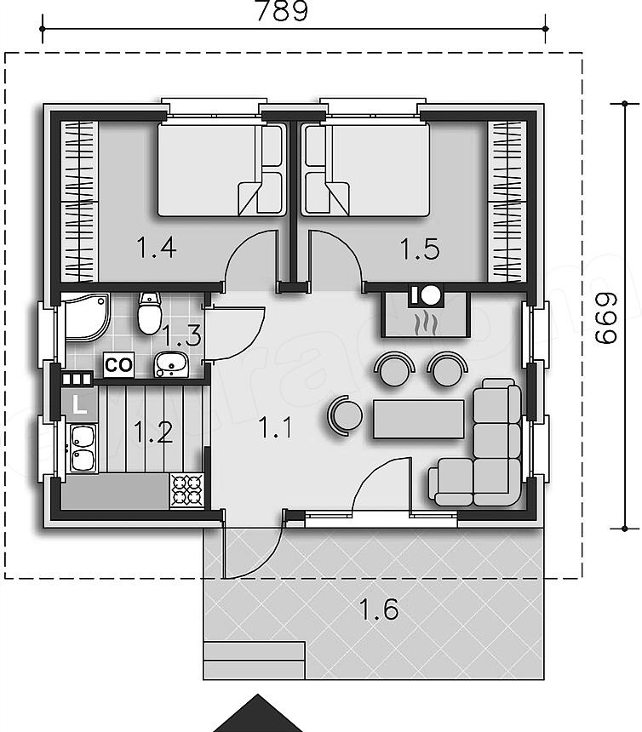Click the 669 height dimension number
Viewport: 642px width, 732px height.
coord(606,319)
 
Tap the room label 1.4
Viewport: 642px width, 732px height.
coord(157,248)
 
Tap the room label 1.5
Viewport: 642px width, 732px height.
coord(420,249)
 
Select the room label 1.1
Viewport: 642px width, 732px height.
coord(276,427)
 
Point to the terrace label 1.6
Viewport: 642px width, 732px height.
coord(379,609)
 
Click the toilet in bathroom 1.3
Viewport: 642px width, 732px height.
coord(150,312)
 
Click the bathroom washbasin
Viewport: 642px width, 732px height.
coord(171,364)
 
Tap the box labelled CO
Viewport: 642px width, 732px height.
coord(119,364)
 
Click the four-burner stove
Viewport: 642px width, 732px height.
coord(187,490)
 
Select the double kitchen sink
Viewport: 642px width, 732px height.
coord(83,449)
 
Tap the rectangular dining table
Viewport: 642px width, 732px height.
coord(419,419)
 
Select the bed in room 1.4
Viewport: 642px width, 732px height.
coord(221,169)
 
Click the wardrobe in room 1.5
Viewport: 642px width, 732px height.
coord(507,201)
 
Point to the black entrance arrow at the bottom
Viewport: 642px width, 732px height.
coord(257,714)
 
